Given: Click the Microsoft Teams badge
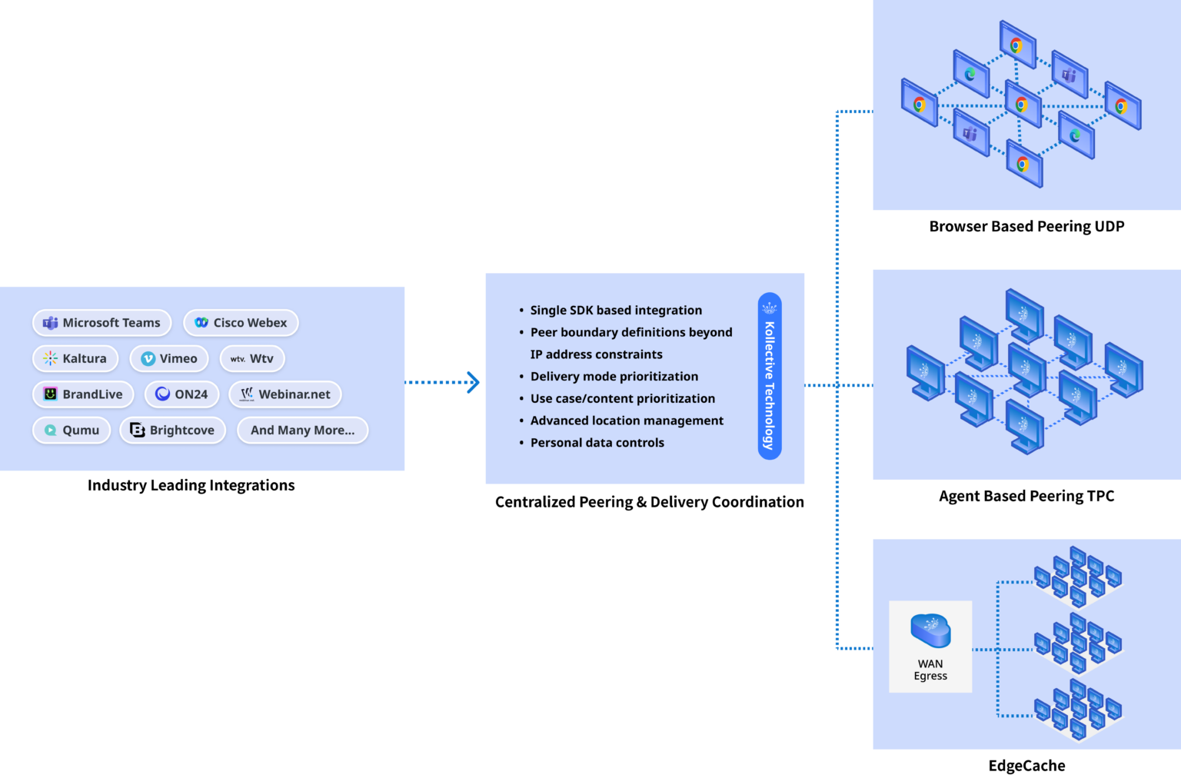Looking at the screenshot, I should tap(101, 323).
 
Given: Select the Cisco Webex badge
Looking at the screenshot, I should tap(241, 323).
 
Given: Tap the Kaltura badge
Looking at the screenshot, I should tap(75, 358).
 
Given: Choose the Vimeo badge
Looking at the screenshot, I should tap(169, 358).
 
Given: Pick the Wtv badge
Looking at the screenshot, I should tap(252, 358).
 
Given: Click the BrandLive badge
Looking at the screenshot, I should tap(83, 394).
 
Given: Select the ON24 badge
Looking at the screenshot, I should tap(181, 394).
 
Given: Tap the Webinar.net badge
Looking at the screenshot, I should tap(284, 394).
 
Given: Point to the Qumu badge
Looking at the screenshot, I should tap(72, 430).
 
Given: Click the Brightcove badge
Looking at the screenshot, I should tap(172, 430).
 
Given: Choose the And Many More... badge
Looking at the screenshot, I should tap(302, 430).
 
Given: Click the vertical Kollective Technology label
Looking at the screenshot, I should tap(770, 377).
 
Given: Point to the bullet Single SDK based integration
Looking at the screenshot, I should tap(615, 311).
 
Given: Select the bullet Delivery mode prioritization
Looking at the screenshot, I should tap(614, 377).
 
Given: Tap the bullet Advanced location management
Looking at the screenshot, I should tap(626, 421).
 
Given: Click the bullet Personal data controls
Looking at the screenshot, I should tap(597, 443).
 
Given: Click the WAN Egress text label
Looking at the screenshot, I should tap(930, 670).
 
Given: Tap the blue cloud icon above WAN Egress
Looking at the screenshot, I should tap(930, 630).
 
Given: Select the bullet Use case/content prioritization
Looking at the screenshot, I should tap(622, 398).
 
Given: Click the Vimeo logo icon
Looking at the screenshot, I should tap(148, 359).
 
